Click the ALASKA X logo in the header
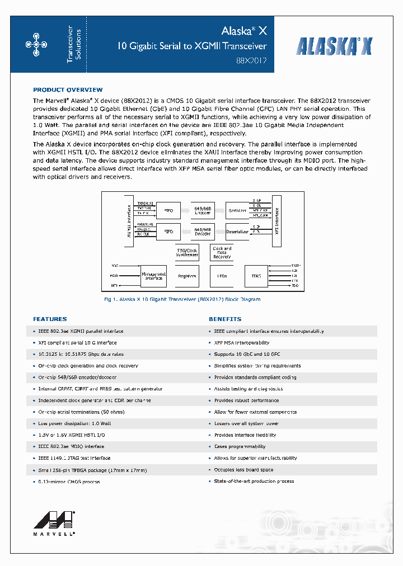[x=334, y=46]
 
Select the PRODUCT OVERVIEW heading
[x=68, y=90]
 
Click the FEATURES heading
[x=50, y=319]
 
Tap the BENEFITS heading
[x=225, y=319]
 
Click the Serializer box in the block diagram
[x=237, y=211]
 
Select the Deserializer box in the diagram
[x=237, y=231]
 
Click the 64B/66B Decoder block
[x=202, y=231]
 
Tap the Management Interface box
[x=153, y=276]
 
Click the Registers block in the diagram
[x=187, y=276]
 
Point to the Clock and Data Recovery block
[x=222, y=252]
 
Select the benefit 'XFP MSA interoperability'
[x=242, y=343]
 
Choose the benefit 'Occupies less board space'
[x=243, y=470]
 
